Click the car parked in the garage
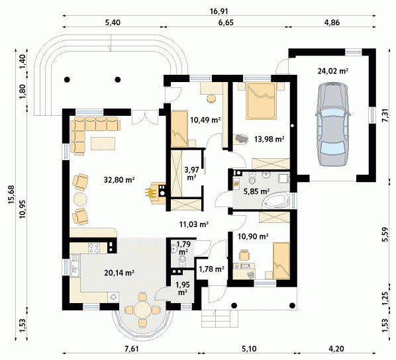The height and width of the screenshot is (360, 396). point(333,124)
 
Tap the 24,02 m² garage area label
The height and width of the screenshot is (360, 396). point(333,71)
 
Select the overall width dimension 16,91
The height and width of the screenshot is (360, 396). point(219,11)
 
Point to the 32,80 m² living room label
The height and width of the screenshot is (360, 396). point(119,180)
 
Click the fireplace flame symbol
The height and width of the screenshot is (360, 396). point(150,193)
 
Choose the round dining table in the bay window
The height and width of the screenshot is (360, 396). point(142,310)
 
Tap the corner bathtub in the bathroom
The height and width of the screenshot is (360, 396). point(275,201)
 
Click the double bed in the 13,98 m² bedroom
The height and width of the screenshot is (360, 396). point(260,101)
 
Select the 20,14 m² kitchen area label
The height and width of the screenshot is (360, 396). point(119,273)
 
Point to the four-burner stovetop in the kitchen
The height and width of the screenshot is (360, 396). point(94,247)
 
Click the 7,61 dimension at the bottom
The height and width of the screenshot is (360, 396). point(132,349)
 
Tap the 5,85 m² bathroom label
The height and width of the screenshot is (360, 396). point(256,192)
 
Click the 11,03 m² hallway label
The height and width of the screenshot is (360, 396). point(193,224)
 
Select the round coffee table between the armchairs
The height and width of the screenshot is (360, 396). point(80,199)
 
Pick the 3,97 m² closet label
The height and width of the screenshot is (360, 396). point(191,173)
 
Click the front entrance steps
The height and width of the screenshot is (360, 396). point(220,318)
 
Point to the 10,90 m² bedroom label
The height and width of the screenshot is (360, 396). point(253,236)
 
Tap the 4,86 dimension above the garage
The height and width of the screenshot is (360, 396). point(332,22)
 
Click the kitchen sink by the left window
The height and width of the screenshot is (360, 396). point(74,268)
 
